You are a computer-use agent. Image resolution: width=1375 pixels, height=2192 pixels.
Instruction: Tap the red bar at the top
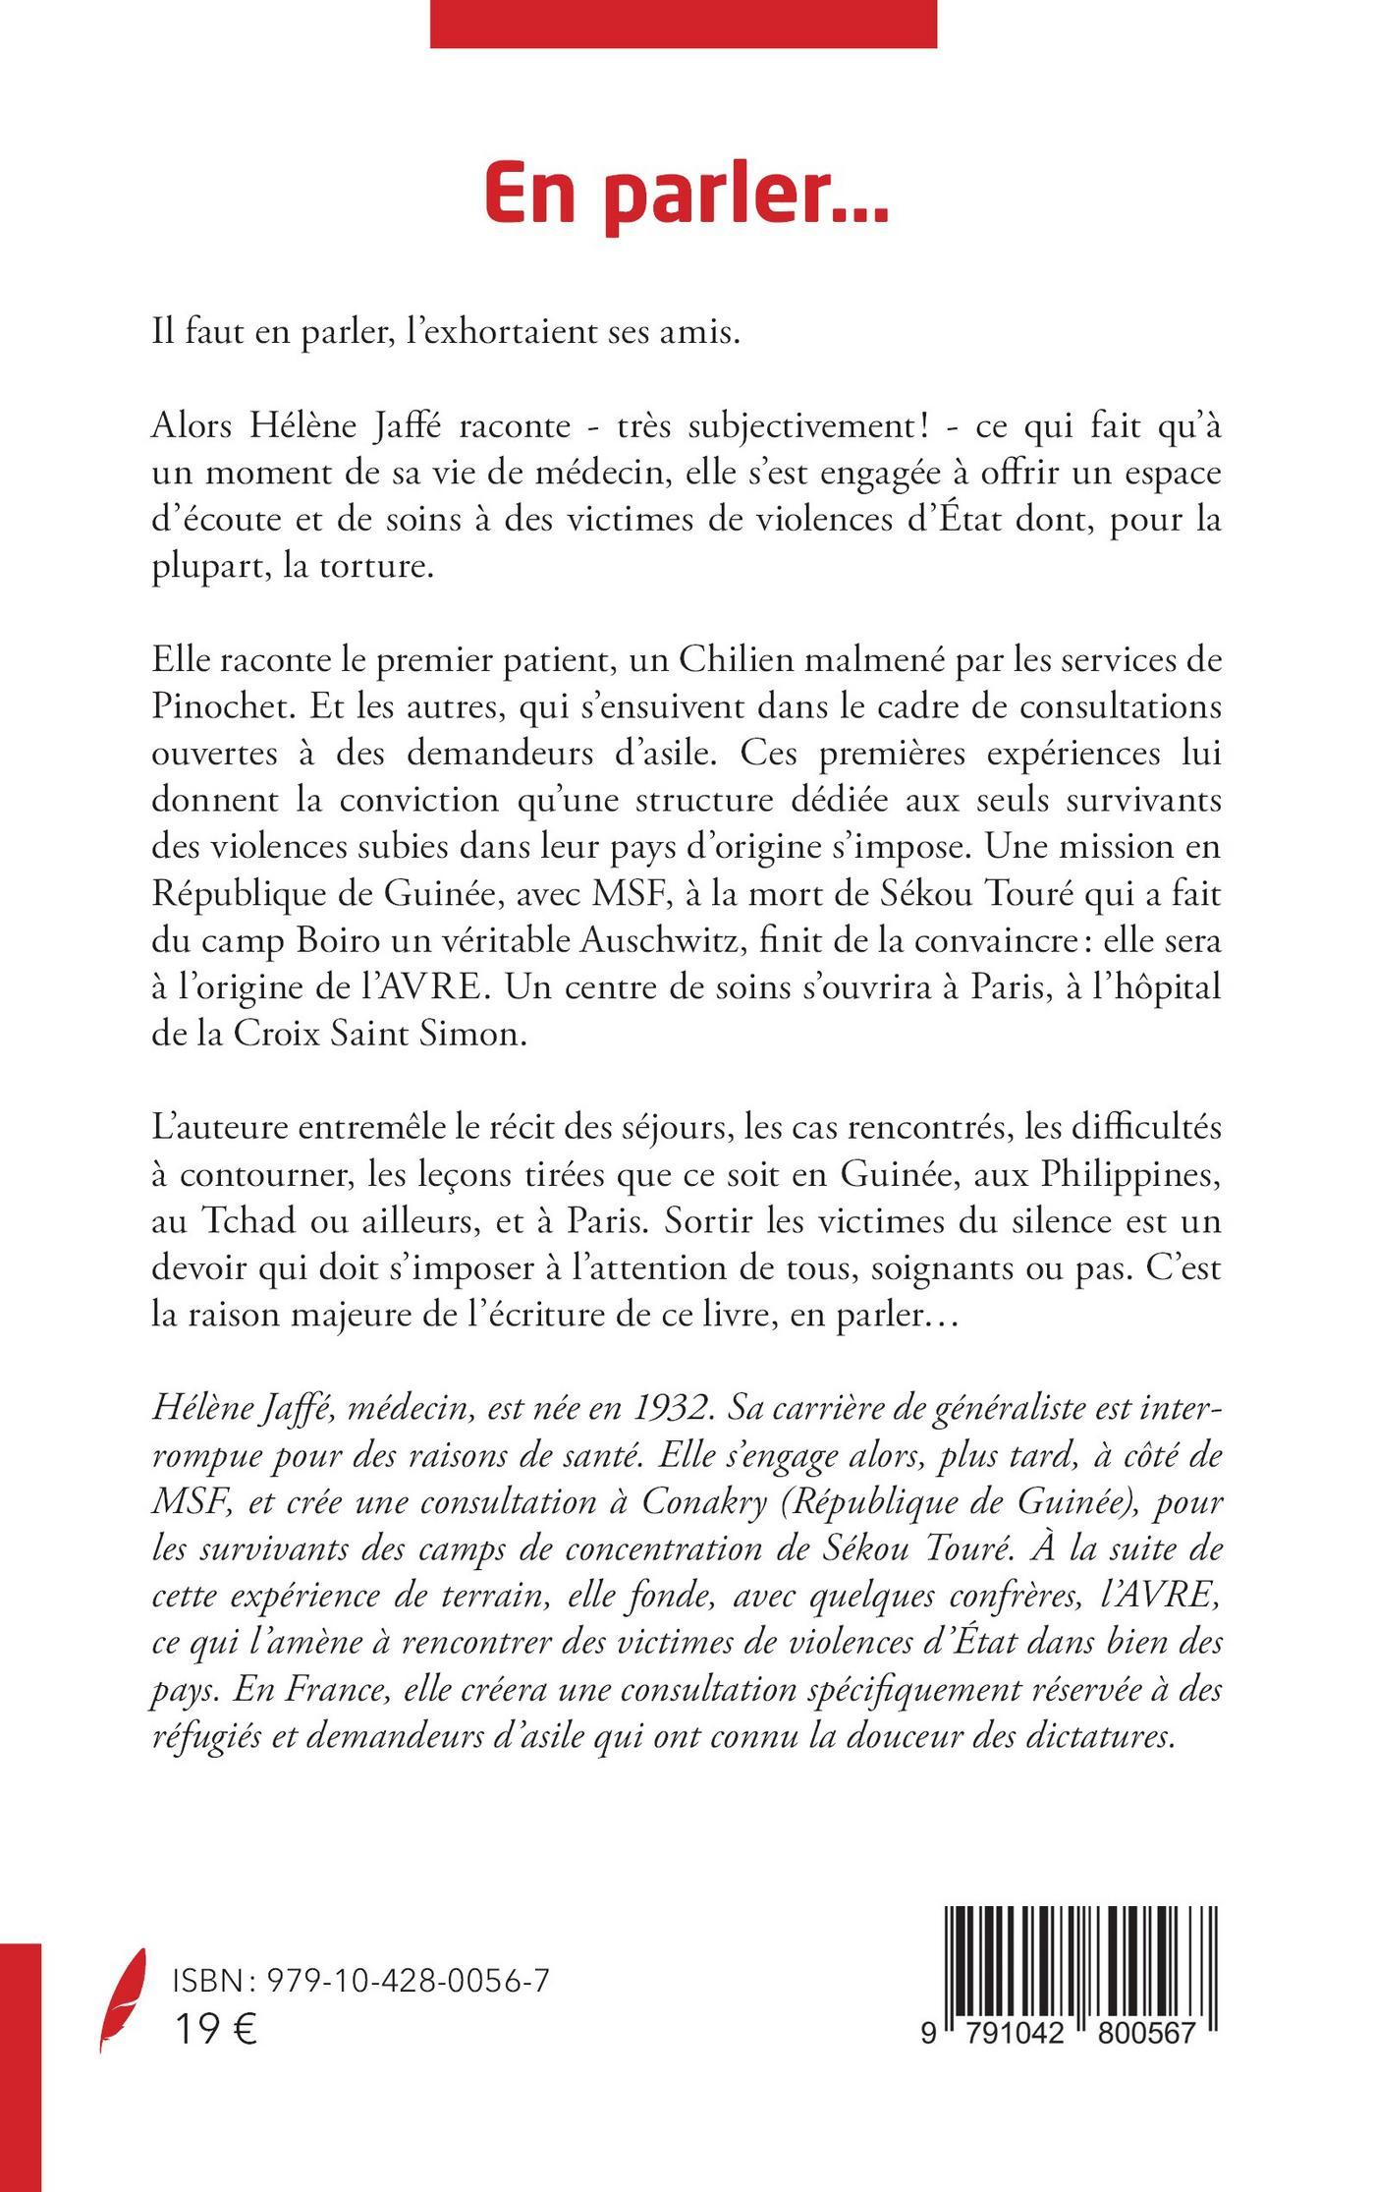pos(683,24)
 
